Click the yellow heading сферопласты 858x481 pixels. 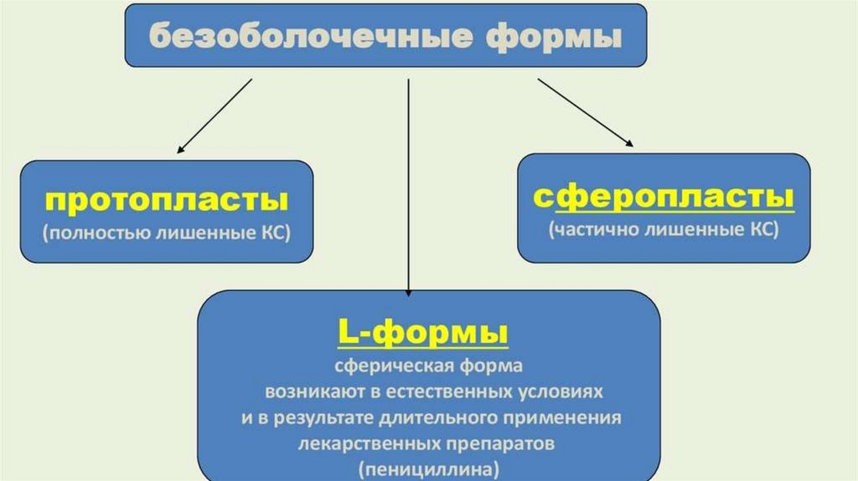(x=664, y=198)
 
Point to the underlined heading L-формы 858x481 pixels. (x=422, y=333)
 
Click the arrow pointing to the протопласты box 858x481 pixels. (x=214, y=116)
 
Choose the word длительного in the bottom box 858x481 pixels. (x=446, y=416)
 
